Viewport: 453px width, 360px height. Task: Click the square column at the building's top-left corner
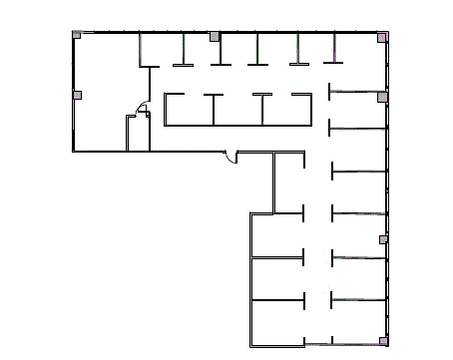(x=77, y=35)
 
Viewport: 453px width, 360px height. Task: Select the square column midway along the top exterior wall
(x=215, y=36)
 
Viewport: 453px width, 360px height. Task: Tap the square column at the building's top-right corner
(x=382, y=37)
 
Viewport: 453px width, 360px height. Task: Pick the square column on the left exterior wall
(x=77, y=95)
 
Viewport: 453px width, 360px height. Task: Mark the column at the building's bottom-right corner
(x=381, y=341)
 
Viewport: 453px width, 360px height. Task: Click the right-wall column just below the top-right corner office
(x=382, y=96)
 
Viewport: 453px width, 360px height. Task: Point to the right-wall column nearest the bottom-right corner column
(x=382, y=239)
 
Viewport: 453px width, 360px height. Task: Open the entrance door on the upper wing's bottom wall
(x=230, y=157)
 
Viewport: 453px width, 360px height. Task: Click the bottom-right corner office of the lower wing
(x=357, y=321)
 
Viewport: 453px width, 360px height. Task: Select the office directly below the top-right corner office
(x=357, y=111)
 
